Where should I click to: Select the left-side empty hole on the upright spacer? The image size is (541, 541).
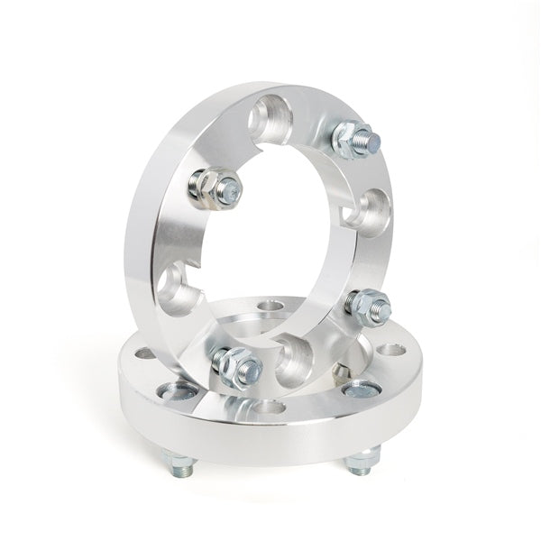pos(172,288)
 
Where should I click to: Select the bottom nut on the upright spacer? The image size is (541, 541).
pos(237,364)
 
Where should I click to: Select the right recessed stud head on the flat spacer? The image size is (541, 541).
pos(361,390)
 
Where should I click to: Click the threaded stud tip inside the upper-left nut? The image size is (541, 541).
pos(230,189)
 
